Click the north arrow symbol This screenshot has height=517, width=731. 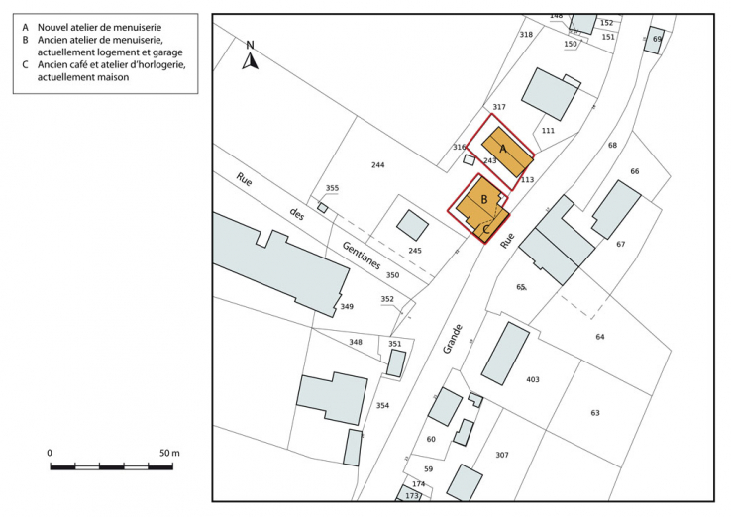[251, 58]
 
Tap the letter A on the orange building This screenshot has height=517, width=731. [503, 149]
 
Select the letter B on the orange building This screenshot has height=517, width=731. [483, 199]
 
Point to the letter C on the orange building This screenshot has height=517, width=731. [485, 228]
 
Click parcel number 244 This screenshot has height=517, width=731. [376, 164]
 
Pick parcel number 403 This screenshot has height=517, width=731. [532, 379]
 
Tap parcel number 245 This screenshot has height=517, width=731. [415, 251]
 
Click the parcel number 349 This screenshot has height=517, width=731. [347, 307]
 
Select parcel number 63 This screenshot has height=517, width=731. [595, 412]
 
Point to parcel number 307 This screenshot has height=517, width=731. [502, 455]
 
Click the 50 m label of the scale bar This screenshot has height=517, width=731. [168, 453]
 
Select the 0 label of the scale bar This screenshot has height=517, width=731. [50, 453]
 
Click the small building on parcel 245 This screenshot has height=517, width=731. [412, 225]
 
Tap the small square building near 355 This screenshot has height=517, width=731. [323, 208]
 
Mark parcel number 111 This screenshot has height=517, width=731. [548, 131]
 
